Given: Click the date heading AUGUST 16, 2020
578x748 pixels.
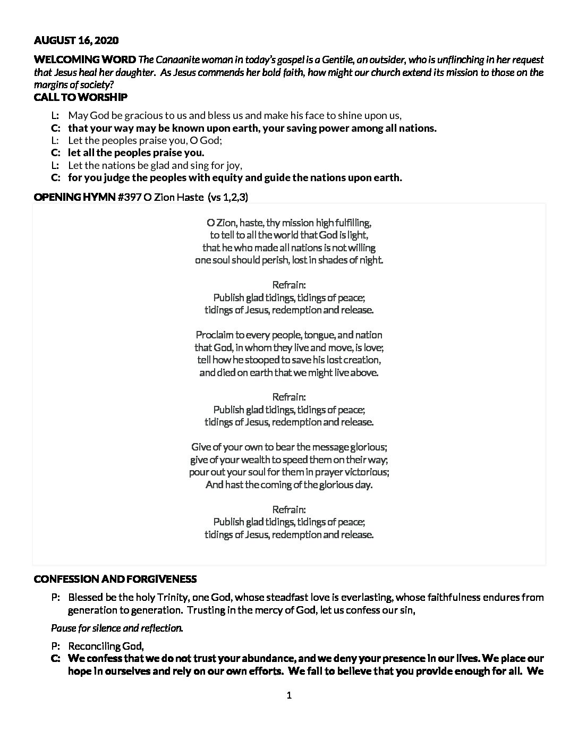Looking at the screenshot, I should click(76, 40).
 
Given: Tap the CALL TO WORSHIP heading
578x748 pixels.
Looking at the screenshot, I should click(80, 97).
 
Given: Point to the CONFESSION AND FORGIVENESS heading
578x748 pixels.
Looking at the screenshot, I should click(115, 579).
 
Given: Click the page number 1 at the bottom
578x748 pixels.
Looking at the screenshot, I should click(289, 695).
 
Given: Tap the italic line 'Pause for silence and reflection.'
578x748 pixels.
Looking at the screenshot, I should click(117, 628).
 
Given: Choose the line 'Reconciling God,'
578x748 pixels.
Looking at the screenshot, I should click(106, 646).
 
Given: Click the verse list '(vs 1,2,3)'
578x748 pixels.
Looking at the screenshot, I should click(227, 197).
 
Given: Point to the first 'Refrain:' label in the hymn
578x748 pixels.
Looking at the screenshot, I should click(289, 285).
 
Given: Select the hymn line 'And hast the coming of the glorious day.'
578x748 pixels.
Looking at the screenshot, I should click(289, 484).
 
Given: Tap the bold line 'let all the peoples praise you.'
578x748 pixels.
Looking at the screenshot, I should click(135, 153).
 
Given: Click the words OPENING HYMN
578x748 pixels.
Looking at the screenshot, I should click(74, 197).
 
